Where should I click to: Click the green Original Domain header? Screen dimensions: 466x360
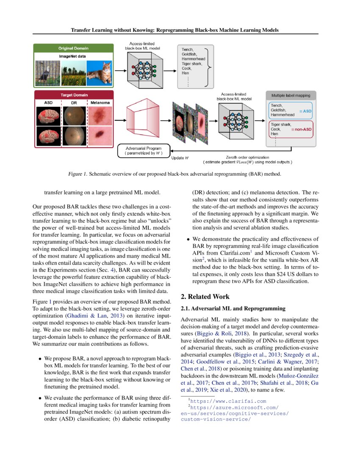click(74, 48)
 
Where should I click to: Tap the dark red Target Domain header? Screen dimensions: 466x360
click(74, 95)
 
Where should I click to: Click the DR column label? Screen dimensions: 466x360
click(74, 103)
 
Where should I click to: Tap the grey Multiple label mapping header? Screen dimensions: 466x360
click(291, 96)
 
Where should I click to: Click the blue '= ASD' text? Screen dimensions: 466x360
click(305, 111)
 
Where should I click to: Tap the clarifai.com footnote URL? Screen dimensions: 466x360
click(228, 401)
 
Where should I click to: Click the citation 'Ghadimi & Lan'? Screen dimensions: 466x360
click(82, 316)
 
